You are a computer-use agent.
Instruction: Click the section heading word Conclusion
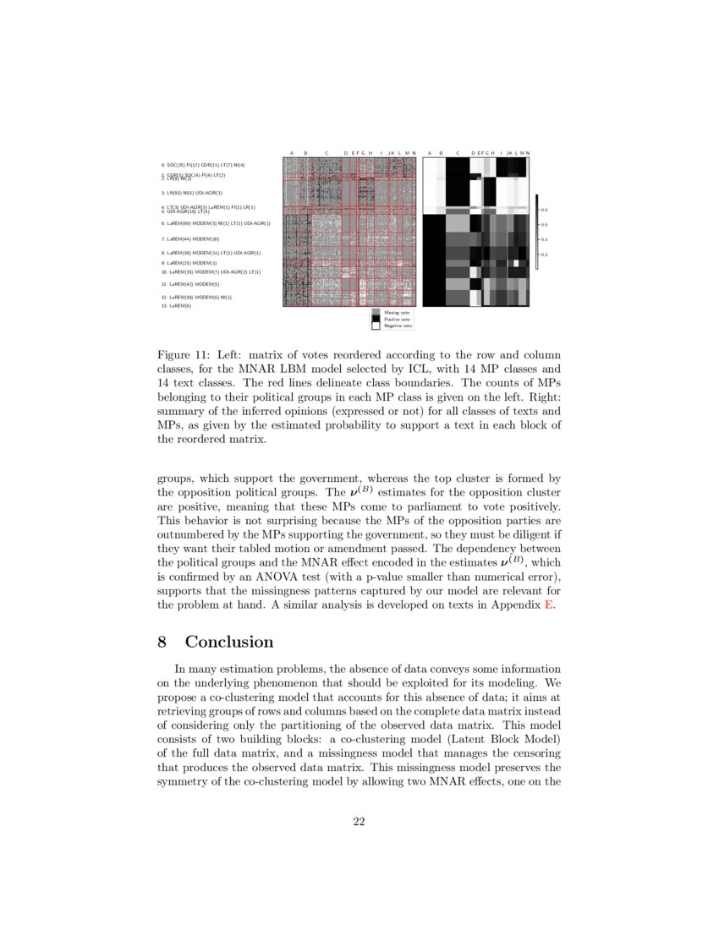(228, 643)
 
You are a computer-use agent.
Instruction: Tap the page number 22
(359, 822)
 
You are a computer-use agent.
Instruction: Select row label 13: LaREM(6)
(176, 306)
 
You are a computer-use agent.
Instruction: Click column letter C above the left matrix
(327, 153)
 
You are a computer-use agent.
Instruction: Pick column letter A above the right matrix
(429, 153)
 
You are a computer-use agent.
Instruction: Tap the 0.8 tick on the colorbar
(545, 209)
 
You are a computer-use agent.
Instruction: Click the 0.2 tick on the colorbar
(545, 254)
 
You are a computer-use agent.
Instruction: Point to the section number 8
(162, 643)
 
